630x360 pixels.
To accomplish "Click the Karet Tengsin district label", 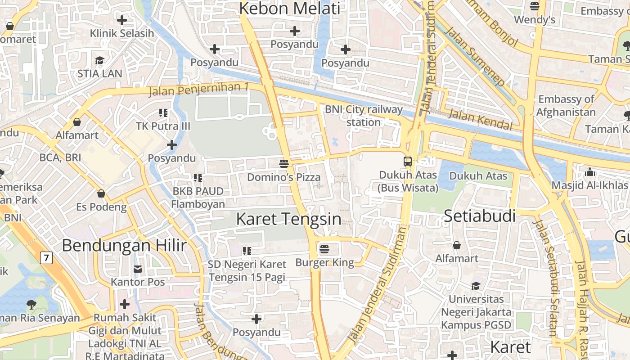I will [x=288, y=219].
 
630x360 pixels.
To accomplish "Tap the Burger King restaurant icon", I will [x=324, y=248].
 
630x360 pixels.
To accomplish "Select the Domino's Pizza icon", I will [x=284, y=163].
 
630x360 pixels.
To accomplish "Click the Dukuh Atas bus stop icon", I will [x=408, y=161].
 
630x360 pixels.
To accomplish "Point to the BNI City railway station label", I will [x=364, y=116].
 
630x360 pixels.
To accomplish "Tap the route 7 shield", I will [x=46, y=258].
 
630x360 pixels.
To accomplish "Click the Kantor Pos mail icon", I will [x=138, y=269].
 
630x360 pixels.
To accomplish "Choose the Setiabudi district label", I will [x=480, y=216].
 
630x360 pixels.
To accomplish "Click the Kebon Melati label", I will [x=289, y=9].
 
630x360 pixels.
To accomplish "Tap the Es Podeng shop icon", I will [x=101, y=193].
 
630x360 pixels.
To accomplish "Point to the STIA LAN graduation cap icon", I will [x=99, y=60].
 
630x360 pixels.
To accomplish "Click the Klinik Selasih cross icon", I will [x=121, y=20].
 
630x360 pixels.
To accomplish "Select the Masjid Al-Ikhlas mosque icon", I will [x=589, y=172].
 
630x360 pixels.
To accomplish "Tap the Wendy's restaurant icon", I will [x=535, y=6].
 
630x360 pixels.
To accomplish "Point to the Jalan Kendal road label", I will [x=481, y=120].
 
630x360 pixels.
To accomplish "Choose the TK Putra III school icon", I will [x=163, y=112].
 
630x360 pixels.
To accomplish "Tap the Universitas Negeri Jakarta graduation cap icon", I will [x=476, y=286].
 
